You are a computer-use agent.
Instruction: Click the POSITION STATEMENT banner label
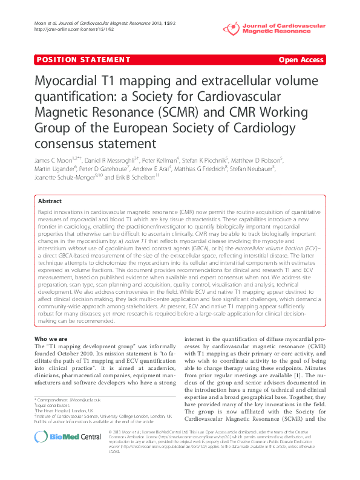[69, 60]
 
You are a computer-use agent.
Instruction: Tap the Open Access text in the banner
[301, 60]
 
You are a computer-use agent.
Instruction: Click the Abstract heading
[50, 201]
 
